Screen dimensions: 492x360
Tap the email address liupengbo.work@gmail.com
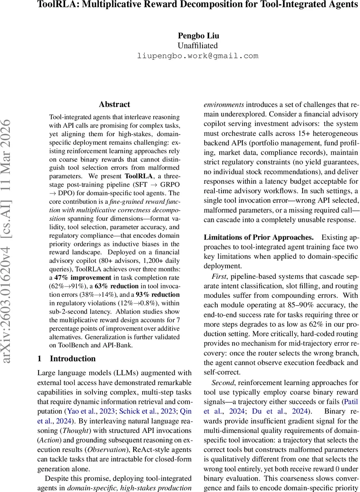198,56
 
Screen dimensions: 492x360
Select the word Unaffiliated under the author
198,46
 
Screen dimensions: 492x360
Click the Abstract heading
114,105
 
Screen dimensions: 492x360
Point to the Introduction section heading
73,359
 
